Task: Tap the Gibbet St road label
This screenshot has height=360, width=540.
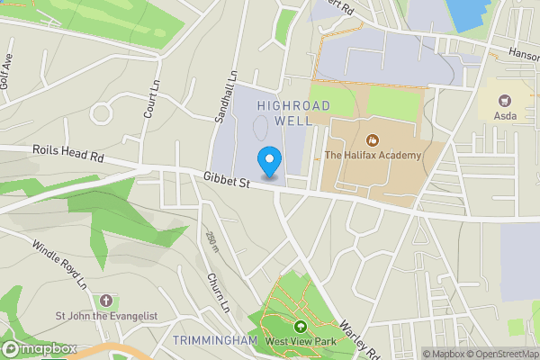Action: (x=226, y=182)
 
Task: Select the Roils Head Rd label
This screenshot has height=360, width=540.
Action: (x=68, y=154)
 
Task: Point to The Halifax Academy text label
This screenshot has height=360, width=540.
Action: (x=373, y=156)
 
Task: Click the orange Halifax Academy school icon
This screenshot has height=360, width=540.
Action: (x=373, y=139)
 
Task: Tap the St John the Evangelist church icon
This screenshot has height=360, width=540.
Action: (x=106, y=300)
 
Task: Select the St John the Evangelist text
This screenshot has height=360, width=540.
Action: (x=107, y=316)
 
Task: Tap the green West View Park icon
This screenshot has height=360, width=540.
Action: (x=300, y=326)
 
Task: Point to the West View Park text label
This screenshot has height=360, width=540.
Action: (x=300, y=341)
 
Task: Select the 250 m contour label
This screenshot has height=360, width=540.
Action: (x=212, y=241)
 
